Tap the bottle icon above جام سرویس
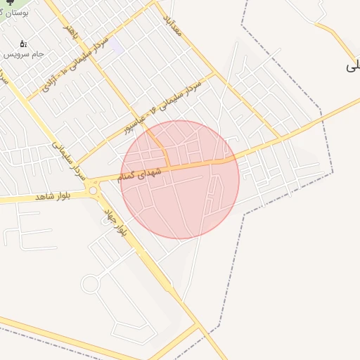(23, 44)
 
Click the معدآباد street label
(173, 27)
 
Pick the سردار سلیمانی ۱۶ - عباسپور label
(163, 105)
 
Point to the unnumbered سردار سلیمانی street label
(67, 158)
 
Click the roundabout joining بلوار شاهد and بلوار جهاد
(93, 190)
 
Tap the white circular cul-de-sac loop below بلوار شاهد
(89, 284)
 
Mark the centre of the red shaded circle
(180, 179)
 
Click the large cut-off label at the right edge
(352, 67)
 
